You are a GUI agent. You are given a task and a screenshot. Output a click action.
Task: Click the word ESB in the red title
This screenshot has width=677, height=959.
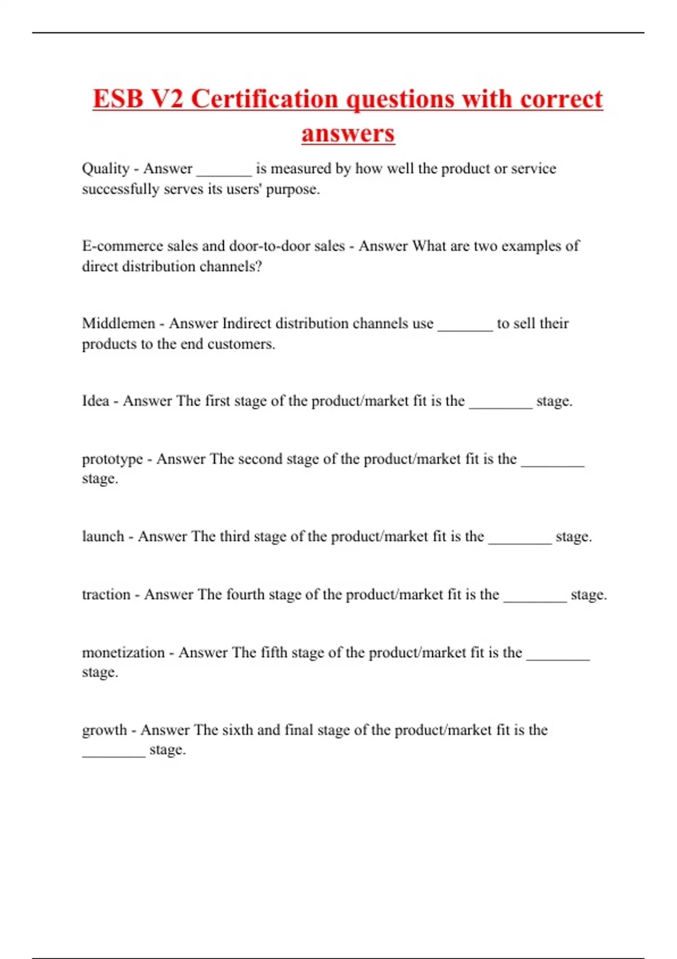pos(117,99)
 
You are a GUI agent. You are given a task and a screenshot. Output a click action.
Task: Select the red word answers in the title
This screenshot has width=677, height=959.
pos(348,134)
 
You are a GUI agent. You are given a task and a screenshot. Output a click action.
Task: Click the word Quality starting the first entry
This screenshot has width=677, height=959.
pos(105,169)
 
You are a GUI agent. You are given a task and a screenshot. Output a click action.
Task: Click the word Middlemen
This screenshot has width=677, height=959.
pos(118,323)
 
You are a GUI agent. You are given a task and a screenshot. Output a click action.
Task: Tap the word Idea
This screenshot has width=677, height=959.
pos(95,401)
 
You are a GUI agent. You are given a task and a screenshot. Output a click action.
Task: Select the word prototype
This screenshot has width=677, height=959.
pos(112,459)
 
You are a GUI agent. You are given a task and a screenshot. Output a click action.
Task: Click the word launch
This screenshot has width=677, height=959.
pos(103,536)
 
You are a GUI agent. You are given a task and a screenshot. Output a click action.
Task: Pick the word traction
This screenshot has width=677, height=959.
pos(105,595)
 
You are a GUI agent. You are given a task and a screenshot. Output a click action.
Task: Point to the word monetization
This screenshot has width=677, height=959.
pos(123,653)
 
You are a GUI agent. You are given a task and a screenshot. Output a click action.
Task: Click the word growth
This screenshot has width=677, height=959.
pos(104,730)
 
